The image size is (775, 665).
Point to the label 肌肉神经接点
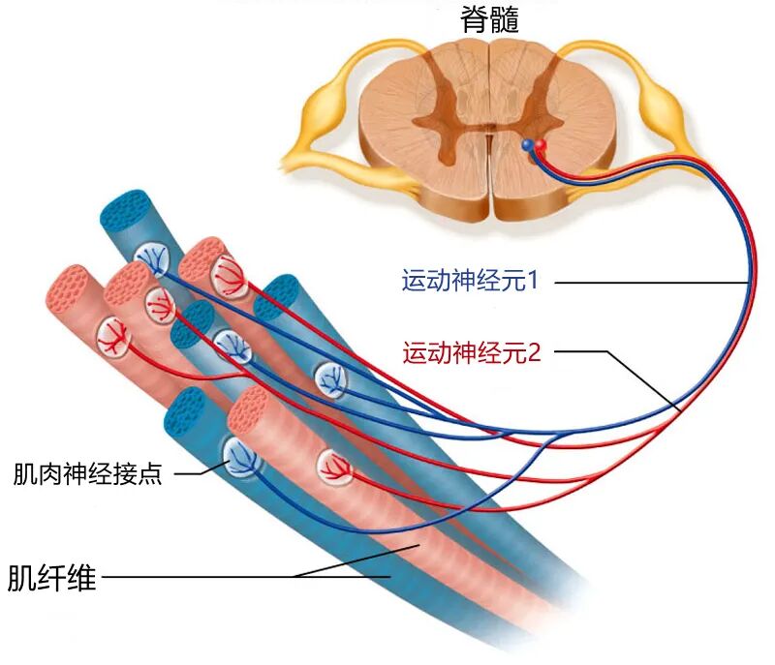point(87,473)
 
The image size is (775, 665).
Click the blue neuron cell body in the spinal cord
point(528,145)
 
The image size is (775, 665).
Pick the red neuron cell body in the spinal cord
point(541,146)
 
